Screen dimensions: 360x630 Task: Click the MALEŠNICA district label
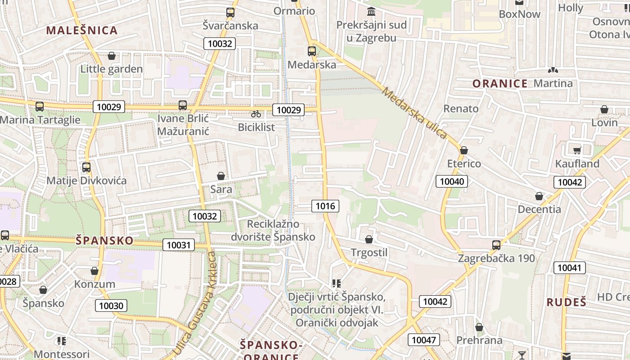[x=82, y=31]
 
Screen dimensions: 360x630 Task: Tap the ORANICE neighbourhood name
[x=500, y=84]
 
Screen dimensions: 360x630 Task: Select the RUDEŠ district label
[x=567, y=302]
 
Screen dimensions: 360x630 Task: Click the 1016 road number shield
[x=325, y=206]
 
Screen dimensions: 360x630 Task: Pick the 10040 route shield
[x=452, y=181]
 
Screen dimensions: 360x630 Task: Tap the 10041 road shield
[x=569, y=268]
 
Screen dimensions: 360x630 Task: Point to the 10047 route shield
[x=424, y=340]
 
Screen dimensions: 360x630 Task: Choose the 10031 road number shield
[x=179, y=245]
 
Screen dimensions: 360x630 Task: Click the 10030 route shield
[x=111, y=306]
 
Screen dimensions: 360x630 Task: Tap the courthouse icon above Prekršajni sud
[x=371, y=11]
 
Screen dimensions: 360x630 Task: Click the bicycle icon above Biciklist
[x=256, y=114]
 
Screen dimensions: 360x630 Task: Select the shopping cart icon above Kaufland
[x=577, y=150]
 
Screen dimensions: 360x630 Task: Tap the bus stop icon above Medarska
[x=312, y=51]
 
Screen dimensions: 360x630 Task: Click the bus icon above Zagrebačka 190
[x=496, y=245]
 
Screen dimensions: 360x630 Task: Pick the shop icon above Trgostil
[x=369, y=239]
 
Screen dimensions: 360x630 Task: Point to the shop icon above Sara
[x=221, y=176]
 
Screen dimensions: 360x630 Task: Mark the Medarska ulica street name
[x=414, y=113]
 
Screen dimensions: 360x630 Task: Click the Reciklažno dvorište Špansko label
[x=273, y=230]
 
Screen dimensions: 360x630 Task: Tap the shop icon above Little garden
[x=112, y=56]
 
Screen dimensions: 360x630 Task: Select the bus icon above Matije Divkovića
[x=86, y=167]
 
